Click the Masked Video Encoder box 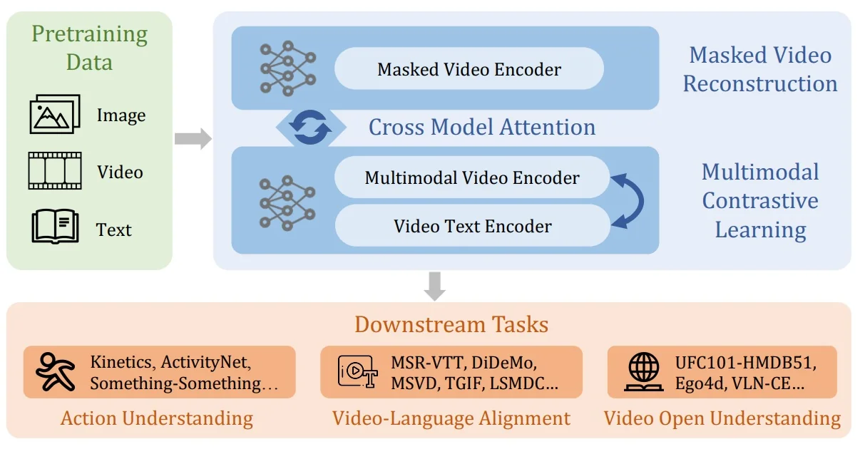[469, 69]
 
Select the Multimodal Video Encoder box [472, 177]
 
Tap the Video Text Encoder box [472, 227]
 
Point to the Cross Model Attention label [481, 128]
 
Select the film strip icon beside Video [55, 171]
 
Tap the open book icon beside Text [55, 226]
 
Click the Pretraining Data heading [89, 47]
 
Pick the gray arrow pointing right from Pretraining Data [193, 138]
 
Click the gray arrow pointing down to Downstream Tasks [434, 285]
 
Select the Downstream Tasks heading [451, 325]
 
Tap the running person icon [56, 372]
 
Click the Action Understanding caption [157, 418]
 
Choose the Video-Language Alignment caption [451, 418]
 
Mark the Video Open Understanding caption [722, 418]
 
